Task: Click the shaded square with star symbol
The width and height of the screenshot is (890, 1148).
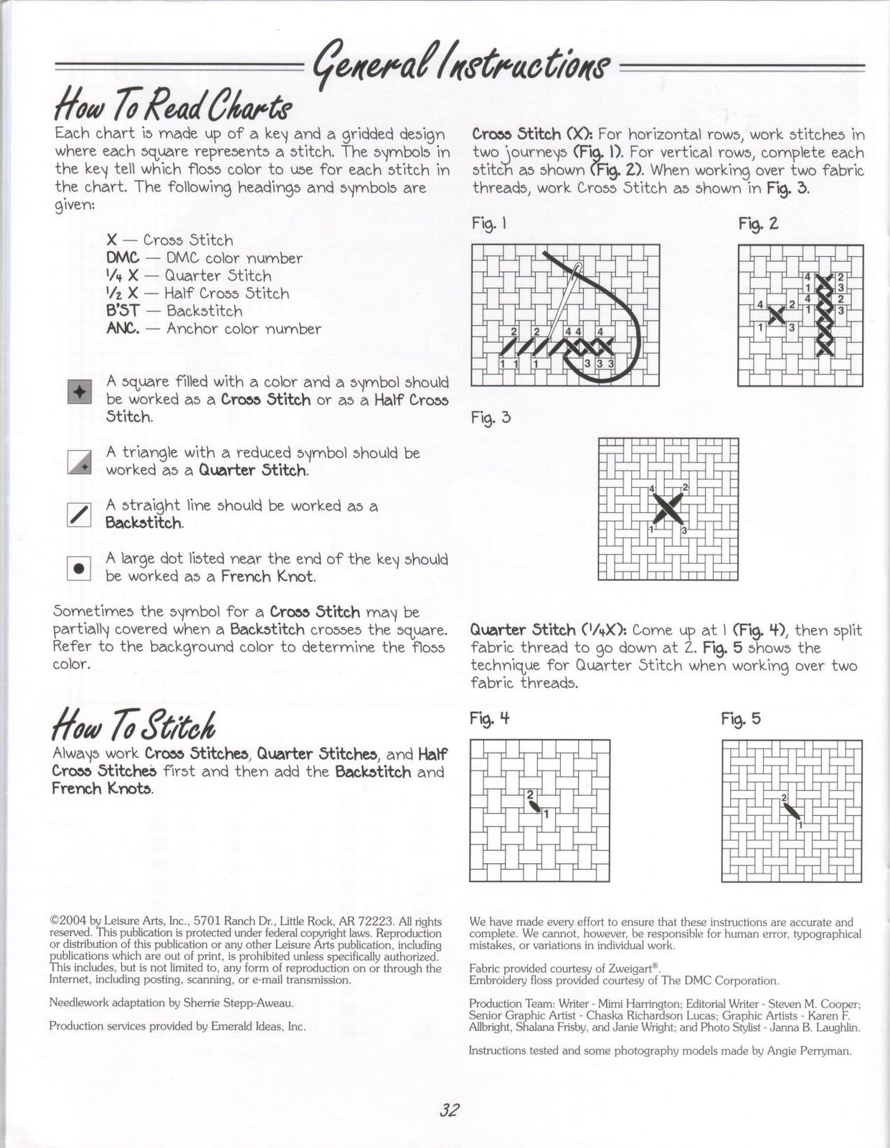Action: coord(79,392)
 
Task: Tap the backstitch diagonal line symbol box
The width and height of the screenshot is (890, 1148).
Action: coord(79,514)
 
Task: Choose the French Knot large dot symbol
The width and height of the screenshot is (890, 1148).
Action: coord(79,568)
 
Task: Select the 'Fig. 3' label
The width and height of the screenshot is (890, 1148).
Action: coord(491,417)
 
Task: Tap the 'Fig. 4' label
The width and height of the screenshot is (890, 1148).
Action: coord(489,717)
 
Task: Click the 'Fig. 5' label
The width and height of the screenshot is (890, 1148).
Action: coord(741,718)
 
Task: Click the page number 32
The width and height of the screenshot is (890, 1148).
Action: coord(449,1110)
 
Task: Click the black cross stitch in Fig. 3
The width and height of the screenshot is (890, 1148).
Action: coord(668,509)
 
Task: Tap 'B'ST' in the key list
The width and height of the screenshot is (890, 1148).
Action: coord(123,311)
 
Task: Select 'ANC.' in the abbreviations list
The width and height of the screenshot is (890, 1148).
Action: coord(123,329)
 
